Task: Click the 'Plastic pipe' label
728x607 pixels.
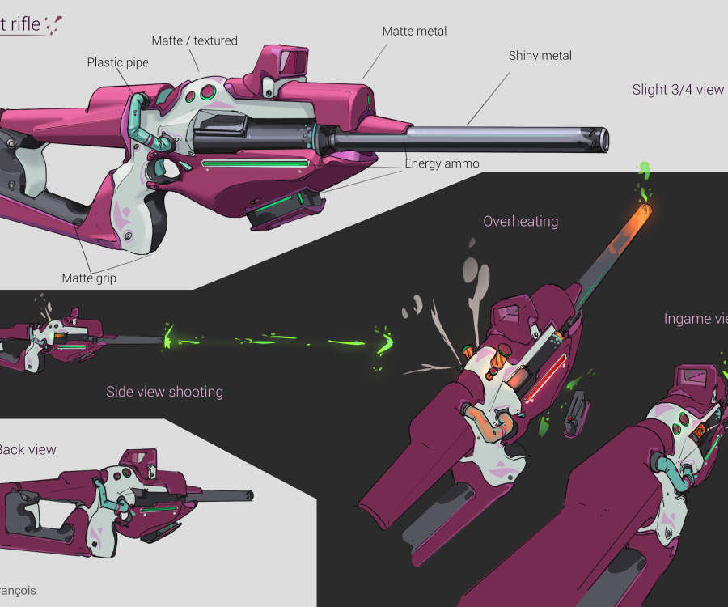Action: (118, 62)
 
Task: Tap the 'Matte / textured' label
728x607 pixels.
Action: (194, 40)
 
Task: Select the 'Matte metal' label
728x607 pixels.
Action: (414, 32)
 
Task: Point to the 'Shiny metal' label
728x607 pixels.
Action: (540, 56)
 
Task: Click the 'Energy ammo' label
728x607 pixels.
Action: (442, 163)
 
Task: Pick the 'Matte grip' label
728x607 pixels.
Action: (89, 278)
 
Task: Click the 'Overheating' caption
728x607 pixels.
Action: (520, 221)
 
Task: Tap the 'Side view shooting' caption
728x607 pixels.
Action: (164, 392)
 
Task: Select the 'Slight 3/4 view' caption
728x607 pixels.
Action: (678, 90)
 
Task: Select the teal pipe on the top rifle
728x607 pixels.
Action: (142, 121)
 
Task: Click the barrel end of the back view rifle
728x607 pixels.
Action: (250, 495)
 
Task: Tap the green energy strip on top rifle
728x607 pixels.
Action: (256, 163)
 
